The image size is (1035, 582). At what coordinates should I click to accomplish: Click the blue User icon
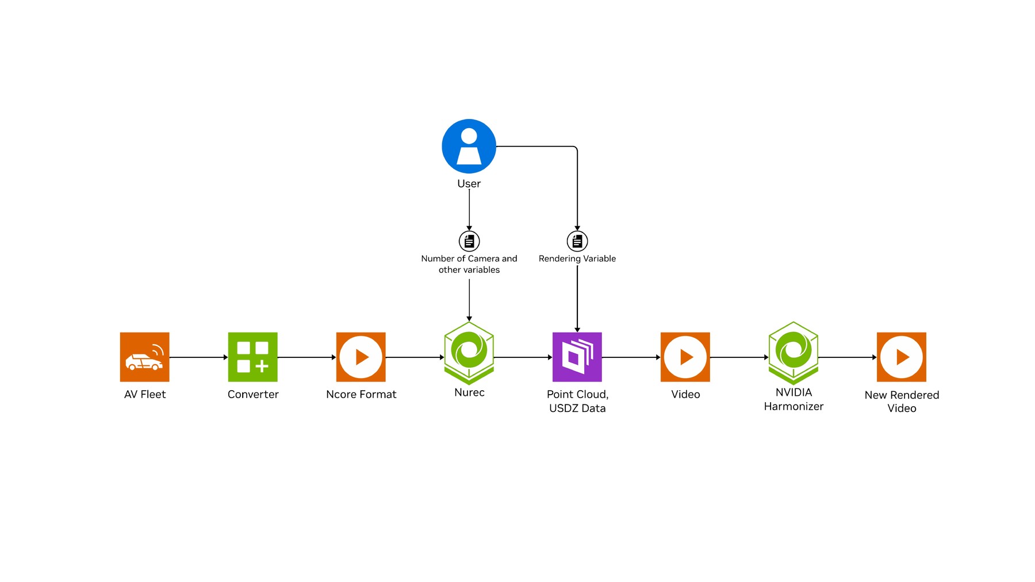(469, 146)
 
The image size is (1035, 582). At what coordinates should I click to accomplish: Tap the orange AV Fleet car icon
(144, 357)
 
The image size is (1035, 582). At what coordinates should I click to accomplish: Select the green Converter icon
(252, 357)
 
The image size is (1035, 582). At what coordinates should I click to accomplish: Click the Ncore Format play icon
(361, 357)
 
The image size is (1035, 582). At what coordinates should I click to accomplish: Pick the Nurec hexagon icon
(469, 353)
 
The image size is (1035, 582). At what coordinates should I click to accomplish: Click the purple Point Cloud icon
(577, 357)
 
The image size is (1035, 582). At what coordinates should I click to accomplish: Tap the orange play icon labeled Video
(685, 357)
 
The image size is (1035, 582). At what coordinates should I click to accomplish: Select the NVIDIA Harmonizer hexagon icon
(793, 353)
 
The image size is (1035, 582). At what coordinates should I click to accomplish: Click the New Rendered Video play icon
(901, 357)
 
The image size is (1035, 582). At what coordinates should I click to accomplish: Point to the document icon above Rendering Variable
(577, 241)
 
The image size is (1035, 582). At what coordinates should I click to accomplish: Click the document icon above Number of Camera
(469, 241)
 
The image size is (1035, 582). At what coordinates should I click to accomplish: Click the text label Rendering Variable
(577, 259)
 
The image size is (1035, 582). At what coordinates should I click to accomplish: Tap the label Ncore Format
(361, 394)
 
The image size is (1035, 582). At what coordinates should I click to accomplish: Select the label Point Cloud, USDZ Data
(577, 401)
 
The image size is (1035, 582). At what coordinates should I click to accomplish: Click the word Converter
(253, 394)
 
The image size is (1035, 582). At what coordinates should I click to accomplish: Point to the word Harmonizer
(793, 406)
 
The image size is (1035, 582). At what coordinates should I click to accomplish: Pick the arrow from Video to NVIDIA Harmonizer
(739, 357)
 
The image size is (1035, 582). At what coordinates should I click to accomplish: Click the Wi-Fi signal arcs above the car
(158, 349)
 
